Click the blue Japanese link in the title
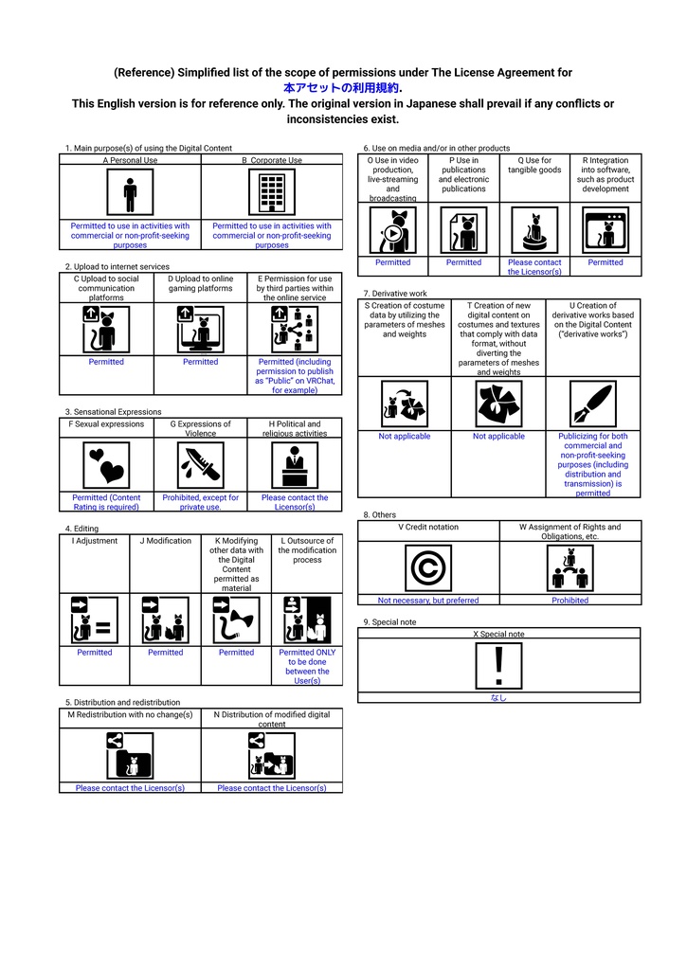click(x=341, y=88)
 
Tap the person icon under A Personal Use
click(x=130, y=192)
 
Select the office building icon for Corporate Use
click(x=272, y=192)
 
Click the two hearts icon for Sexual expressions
click(x=106, y=465)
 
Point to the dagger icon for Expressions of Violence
click(x=201, y=465)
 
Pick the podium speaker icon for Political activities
click(x=295, y=465)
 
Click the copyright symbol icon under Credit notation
click(x=428, y=568)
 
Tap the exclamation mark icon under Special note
click(x=498, y=666)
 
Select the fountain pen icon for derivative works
click(x=593, y=404)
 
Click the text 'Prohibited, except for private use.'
click(x=201, y=502)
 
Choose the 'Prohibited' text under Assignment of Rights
click(x=570, y=600)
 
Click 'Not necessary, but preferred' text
click(x=428, y=600)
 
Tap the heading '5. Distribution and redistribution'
click(x=122, y=702)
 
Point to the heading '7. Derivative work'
click(x=395, y=294)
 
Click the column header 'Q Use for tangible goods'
click(x=534, y=165)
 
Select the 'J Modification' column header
click(x=165, y=541)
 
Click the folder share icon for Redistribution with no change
click(x=130, y=755)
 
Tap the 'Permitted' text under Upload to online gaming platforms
click(x=201, y=361)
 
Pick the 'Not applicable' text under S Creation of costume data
click(x=405, y=436)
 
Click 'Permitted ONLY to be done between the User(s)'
click(x=307, y=666)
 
